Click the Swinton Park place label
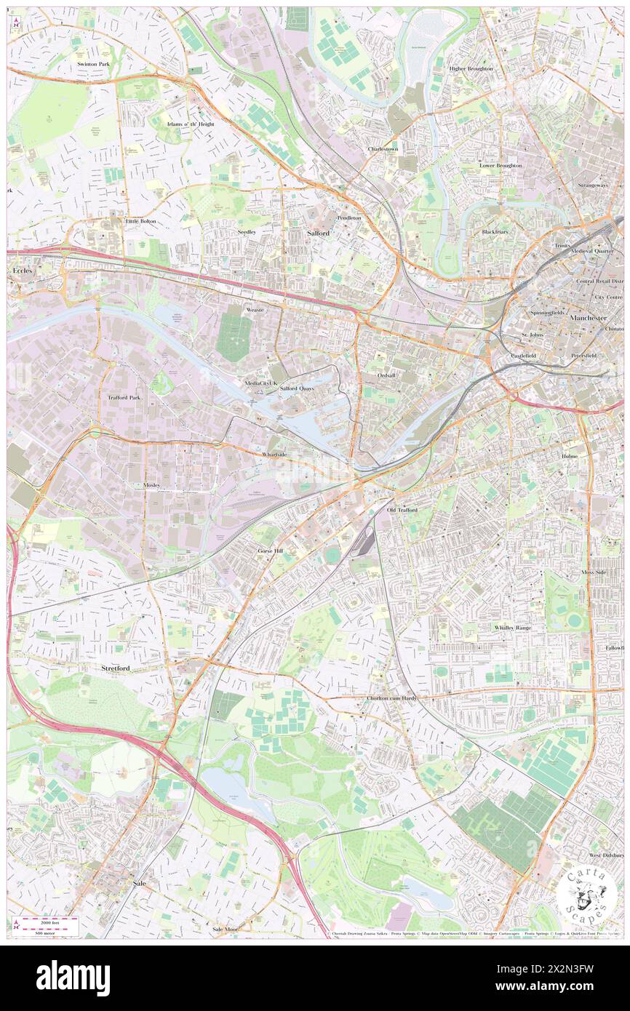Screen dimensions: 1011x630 (x=93, y=65)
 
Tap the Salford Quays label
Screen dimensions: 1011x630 (x=297, y=389)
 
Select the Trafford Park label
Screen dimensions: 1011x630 (x=124, y=398)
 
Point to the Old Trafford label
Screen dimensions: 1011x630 (x=402, y=511)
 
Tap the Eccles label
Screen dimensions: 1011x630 (x=23, y=271)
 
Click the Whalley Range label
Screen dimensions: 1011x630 (x=513, y=627)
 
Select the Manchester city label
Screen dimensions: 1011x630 (x=589, y=319)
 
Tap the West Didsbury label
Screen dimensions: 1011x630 (x=605, y=855)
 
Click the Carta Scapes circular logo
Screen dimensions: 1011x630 (x=588, y=894)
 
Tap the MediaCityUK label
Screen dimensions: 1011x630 (x=260, y=383)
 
